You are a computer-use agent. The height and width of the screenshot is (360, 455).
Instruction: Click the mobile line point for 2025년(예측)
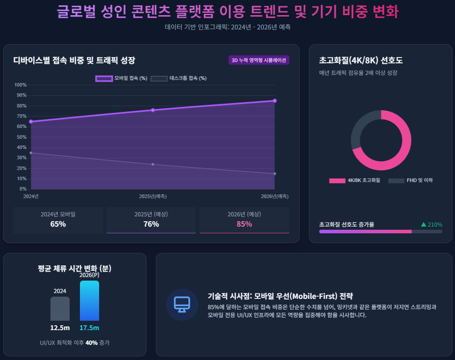pos(153,110)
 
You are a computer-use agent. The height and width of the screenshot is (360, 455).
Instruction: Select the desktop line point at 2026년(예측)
pos(275,174)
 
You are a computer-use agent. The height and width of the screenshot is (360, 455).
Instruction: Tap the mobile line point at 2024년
pos(31,121)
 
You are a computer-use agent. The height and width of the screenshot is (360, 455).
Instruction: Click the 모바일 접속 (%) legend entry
pos(121,79)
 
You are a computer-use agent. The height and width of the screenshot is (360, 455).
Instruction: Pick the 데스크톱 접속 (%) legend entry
pos(179,79)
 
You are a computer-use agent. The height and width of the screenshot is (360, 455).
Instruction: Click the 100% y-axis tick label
pos(21,85)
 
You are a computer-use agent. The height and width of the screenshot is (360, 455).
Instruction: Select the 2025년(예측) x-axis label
pos(153,196)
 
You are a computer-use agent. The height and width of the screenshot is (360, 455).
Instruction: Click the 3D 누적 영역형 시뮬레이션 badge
pos(259,60)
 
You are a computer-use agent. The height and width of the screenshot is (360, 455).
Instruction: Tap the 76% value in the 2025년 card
pos(151,224)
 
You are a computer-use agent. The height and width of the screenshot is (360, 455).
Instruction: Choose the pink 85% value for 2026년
pos(244,224)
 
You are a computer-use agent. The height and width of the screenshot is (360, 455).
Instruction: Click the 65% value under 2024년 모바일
pos(58,224)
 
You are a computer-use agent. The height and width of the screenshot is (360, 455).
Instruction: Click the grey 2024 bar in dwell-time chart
pos(60,309)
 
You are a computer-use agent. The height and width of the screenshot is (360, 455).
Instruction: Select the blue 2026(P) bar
pos(89,301)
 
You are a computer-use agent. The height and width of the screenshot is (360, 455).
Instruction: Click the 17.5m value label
pos(89,328)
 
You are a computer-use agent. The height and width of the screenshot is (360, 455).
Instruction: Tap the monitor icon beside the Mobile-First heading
pos(182,305)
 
